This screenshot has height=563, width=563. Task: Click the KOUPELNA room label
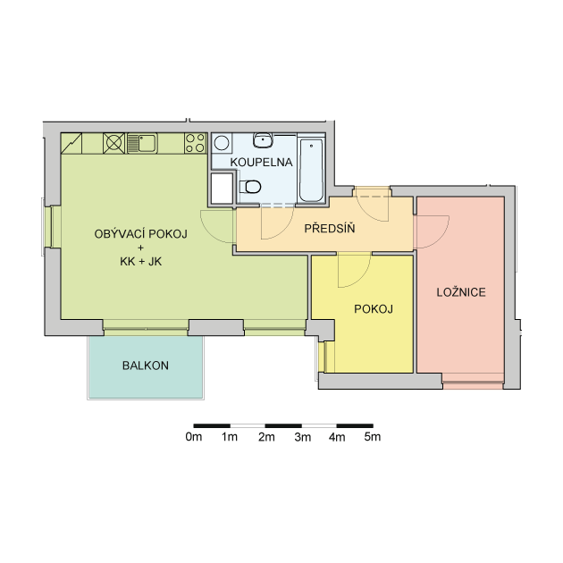(x=261, y=163)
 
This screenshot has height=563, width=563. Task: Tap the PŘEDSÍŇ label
(x=330, y=228)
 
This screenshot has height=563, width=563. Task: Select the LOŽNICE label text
(x=461, y=292)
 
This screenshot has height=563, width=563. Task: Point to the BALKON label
(x=146, y=366)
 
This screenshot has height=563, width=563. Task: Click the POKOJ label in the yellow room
(x=374, y=309)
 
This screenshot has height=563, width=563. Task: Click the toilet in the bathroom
(x=250, y=187)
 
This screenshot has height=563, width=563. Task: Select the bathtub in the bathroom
(x=311, y=170)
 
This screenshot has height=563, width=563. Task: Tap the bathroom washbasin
(x=264, y=139)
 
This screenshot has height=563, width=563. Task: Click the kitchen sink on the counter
(x=143, y=143)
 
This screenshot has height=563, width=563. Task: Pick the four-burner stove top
(x=196, y=143)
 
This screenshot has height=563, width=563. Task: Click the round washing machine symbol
(x=222, y=143)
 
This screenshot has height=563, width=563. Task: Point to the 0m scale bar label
(x=194, y=437)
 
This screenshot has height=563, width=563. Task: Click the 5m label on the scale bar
(x=373, y=437)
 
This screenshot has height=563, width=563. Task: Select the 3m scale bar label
(x=302, y=437)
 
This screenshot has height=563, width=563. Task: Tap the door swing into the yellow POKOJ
(x=355, y=270)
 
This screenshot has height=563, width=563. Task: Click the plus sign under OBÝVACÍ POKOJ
(x=140, y=248)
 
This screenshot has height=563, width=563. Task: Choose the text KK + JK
(x=141, y=261)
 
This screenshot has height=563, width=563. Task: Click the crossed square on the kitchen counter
(x=113, y=143)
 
